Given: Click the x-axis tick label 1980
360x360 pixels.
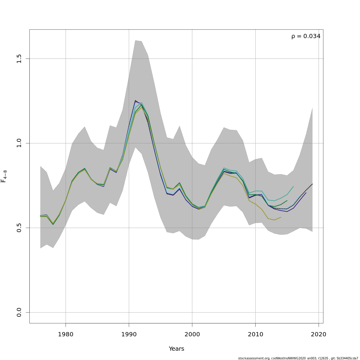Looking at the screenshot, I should tap(66, 334).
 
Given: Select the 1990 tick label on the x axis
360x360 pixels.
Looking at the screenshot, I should tap(129, 334).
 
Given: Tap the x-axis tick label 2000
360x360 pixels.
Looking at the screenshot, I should tap(192, 334).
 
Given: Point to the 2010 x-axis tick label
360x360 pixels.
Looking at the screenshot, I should tap(255, 334).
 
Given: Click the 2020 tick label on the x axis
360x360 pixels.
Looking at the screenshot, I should tap(319, 334).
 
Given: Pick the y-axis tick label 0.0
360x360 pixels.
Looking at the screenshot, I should tap(19, 312).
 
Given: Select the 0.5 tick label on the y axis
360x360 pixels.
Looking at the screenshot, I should tap(19, 228).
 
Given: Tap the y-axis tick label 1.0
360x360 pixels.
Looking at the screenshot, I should tap(19, 143).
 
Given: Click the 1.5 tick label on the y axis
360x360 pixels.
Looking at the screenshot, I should tap(19, 58).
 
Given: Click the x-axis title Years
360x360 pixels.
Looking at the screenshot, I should tap(176, 349).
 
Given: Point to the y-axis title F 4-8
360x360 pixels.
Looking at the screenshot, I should tap(4, 176).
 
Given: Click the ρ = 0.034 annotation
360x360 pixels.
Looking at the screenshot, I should tap(306, 36).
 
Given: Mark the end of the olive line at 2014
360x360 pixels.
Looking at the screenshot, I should tap(281, 217).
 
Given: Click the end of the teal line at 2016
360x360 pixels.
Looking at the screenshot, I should tap(293, 186).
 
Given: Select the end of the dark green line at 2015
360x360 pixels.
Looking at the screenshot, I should tap(287, 200).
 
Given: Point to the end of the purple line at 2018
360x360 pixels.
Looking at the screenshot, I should tap(306, 193).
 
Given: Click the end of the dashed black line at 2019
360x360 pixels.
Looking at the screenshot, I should tap(312, 184).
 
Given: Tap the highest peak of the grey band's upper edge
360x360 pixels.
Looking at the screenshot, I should tap(135, 40).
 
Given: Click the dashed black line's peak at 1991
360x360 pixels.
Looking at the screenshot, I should tap(135, 100).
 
